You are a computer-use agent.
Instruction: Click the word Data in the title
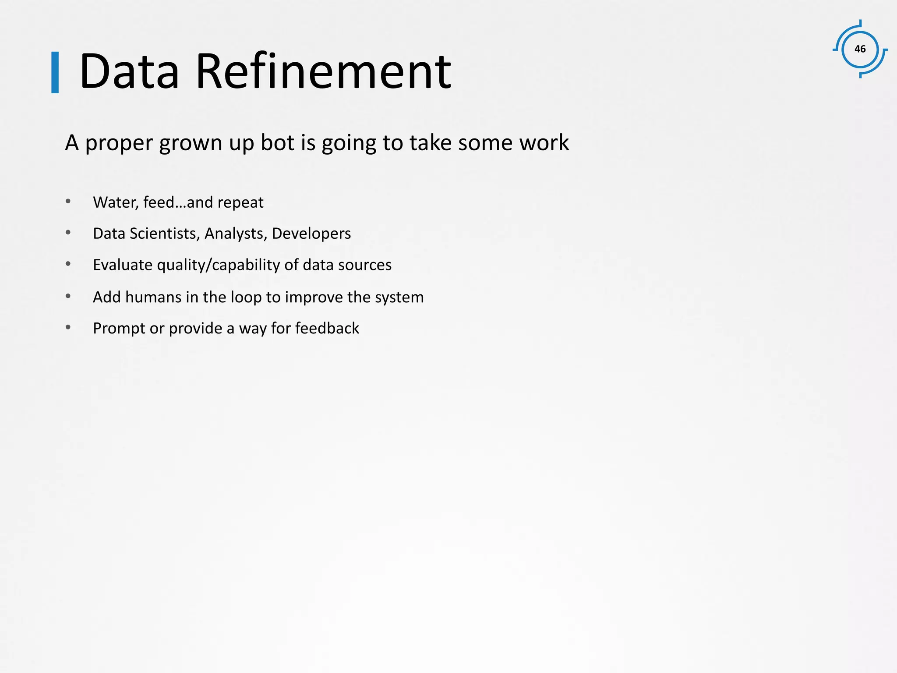pyautogui.click(x=129, y=71)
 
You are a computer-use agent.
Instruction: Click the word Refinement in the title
pyautogui.click(x=323, y=71)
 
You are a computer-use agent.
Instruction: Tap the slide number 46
pyautogui.click(x=860, y=49)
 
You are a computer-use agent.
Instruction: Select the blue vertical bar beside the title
pyautogui.click(x=55, y=72)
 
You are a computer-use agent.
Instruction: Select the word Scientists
pyautogui.click(x=165, y=234)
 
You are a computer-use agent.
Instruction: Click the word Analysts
pyautogui.click(x=236, y=234)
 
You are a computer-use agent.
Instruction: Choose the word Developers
pyautogui.click(x=311, y=234)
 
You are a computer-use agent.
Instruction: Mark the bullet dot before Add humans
pyautogui.click(x=68, y=296)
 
